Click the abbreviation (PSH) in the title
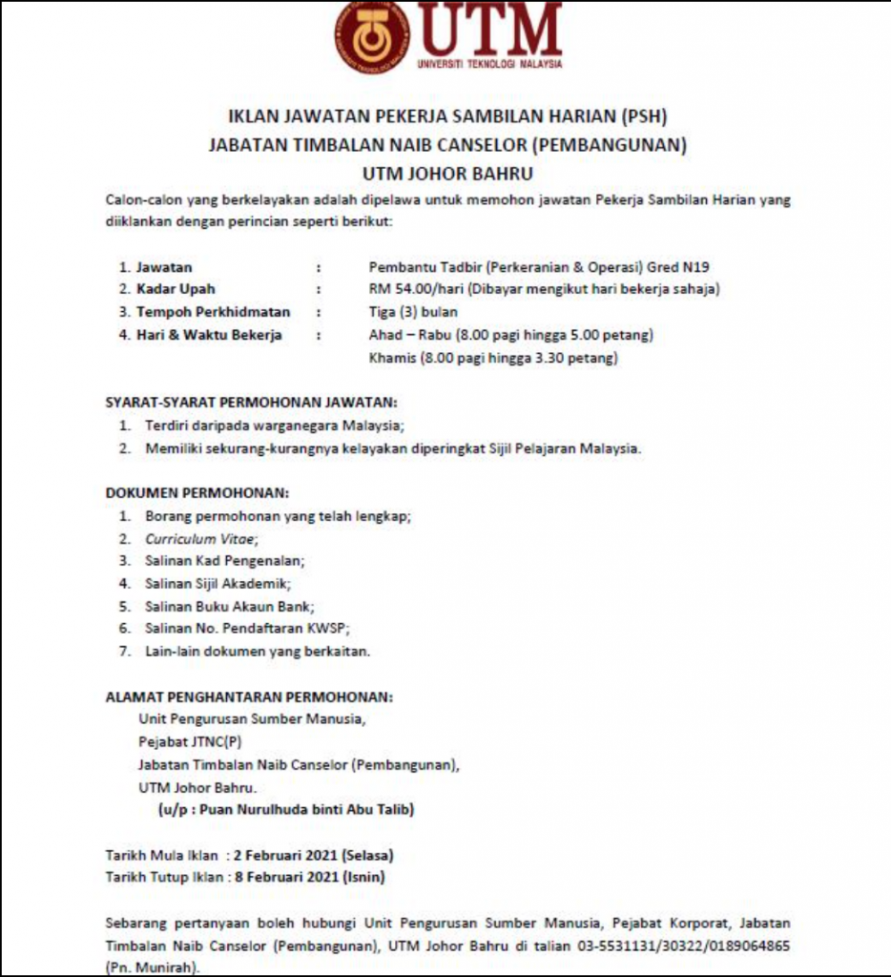(x=644, y=117)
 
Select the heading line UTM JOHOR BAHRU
(x=447, y=174)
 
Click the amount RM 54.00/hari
(x=410, y=289)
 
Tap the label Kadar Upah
(x=176, y=289)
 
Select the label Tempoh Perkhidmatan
(x=213, y=312)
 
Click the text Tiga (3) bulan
(x=413, y=312)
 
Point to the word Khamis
(x=390, y=358)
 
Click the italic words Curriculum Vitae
(x=200, y=538)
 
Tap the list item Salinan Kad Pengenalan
(x=225, y=560)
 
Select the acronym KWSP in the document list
(x=330, y=628)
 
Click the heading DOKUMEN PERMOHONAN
(x=197, y=493)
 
